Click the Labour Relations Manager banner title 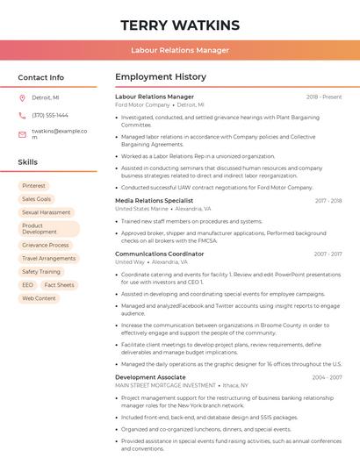tap(179, 50)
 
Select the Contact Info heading tap(41, 77)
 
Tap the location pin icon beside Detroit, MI tap(22, 97)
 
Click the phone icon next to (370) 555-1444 tap(22, 115)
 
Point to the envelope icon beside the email tap(22, 134)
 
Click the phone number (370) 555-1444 tap(50, 115)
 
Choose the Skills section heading tap(28, 162)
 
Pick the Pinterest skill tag tap(34, 185)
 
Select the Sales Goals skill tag tap(37, 199)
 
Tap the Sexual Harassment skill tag tap(47, 212)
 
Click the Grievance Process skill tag tap(46, 245)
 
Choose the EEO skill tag tap(28, 285)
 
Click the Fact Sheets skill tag tap(60, 285)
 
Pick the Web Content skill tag tap(40, 298)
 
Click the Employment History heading tap(161, 77)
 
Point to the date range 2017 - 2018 tap(328, 201)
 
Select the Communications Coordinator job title tap(159, 254)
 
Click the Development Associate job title tap(150, 376)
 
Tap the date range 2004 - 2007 tap(327, 377)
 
